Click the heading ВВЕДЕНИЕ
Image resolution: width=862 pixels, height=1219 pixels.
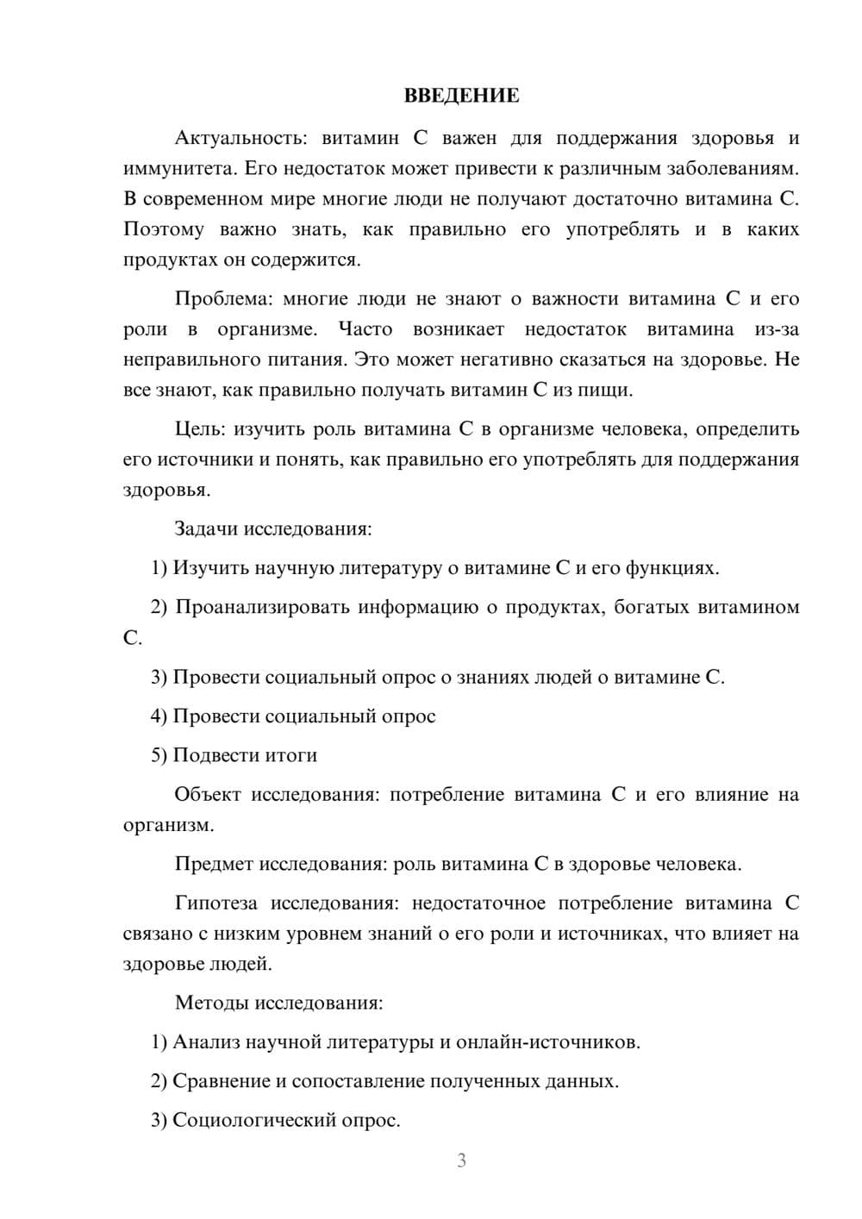[x=461, y=96]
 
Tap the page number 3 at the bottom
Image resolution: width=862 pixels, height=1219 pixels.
[x=461, y=1160]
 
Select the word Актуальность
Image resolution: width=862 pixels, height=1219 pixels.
[x=239, y=138]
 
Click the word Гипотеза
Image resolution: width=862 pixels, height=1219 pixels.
[x=215, y=903]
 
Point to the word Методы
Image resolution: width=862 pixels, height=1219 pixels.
[x=207, y=1003]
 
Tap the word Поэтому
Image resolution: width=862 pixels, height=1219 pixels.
[x=164, y=229]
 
